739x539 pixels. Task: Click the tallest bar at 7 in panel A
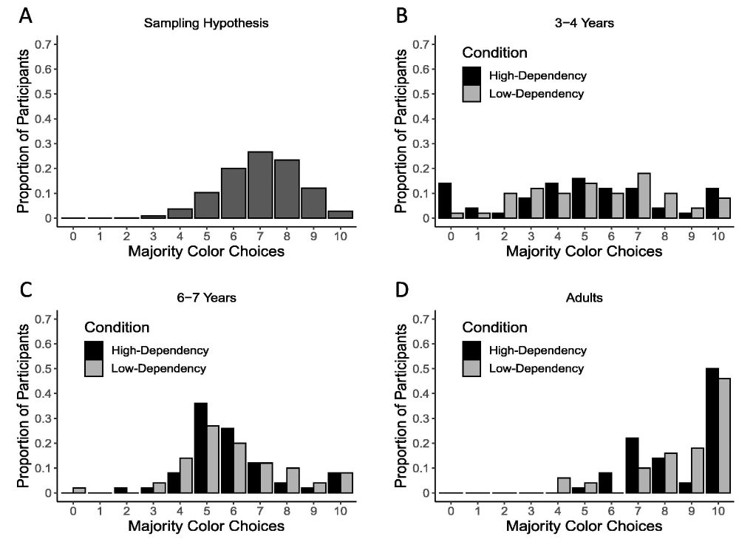click(259, 185)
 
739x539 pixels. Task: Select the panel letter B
click(402, 16)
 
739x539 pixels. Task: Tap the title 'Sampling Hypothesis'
click(206, 23)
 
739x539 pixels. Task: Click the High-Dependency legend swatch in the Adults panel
click(473, 350)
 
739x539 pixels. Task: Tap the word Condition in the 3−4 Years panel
click(494, 53)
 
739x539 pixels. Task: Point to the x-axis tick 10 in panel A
click(341, 235)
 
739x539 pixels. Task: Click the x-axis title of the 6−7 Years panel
click(206, 526)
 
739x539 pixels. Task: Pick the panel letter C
click(25, 290)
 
